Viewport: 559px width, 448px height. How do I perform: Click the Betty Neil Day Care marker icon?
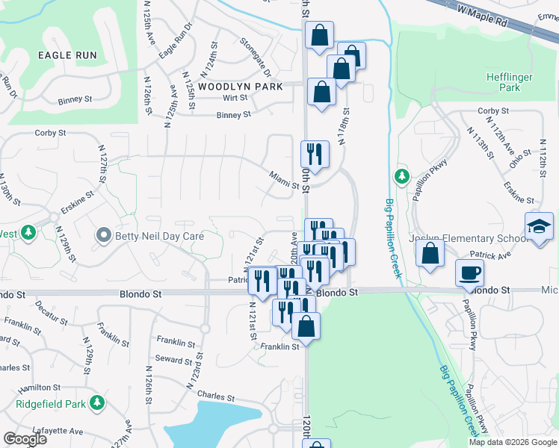tap(103, 236)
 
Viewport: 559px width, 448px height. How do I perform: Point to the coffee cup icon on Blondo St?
tap(469, 272)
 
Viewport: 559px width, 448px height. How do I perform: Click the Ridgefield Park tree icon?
tap(96, 403)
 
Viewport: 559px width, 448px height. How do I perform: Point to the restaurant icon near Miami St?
tap(315, 154)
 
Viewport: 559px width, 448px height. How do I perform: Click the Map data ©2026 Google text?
tap(513, 442)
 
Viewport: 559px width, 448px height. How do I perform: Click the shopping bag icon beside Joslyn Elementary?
tap(430, 252)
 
